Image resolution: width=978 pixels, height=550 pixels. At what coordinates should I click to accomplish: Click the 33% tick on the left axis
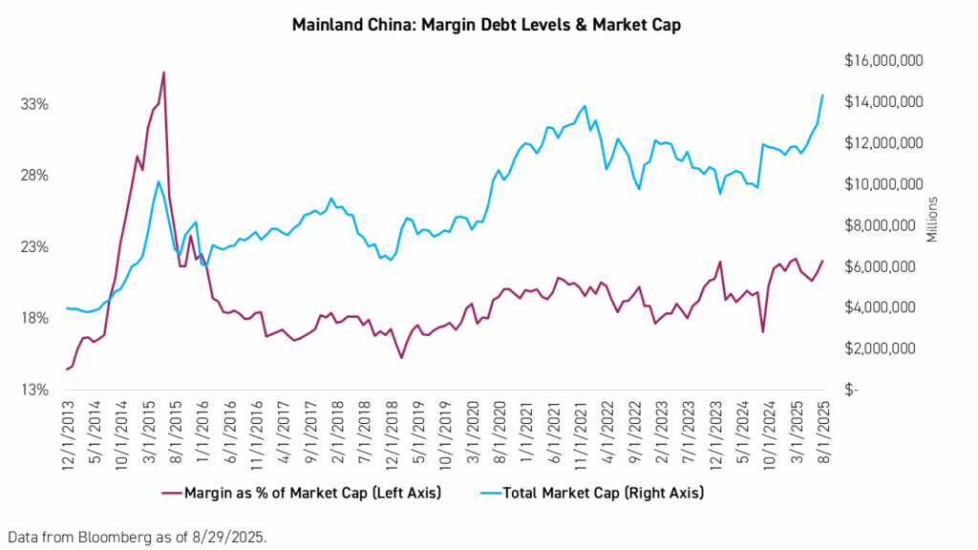click(x=36, y=104)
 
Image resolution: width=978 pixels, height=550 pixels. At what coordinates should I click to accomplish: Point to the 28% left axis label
click(x=36, y=176)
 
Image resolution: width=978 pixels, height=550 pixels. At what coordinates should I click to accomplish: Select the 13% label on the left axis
click(x=36, y=391)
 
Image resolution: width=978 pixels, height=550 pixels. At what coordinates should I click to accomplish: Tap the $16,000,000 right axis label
click(x=882, y=60)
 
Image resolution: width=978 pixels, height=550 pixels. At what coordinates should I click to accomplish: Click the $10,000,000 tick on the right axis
click(x=882, y=184)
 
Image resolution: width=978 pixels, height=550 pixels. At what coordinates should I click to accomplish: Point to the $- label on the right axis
click(x=851, y=391)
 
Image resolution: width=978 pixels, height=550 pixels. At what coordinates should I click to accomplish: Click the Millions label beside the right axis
click(x=933, y=221)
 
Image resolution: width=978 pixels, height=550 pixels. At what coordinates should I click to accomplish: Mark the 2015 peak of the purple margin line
click(x=163, y=73)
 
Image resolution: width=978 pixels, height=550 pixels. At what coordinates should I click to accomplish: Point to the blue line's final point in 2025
click(x=823, y=95)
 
